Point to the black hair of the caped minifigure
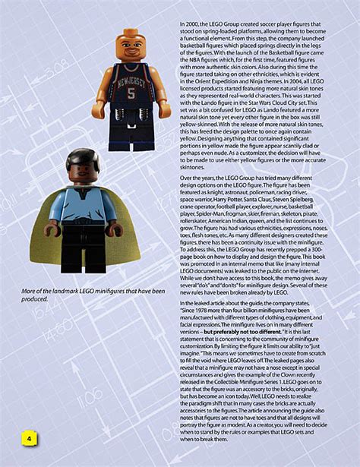point(83,157)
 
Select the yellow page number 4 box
point(29,440)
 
